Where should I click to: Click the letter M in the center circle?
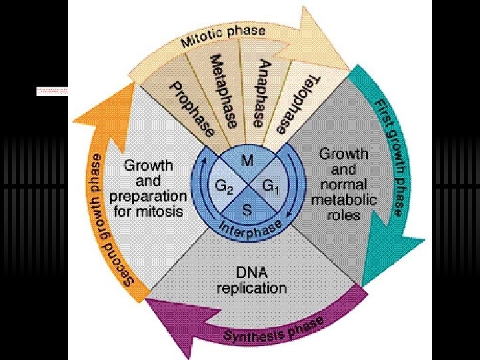pyautogui.click(x=247, y=161)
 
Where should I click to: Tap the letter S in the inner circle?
pyautogui.click(x=247, y=211)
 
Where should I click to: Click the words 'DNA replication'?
pyautogui.click(x=252, y=281)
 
